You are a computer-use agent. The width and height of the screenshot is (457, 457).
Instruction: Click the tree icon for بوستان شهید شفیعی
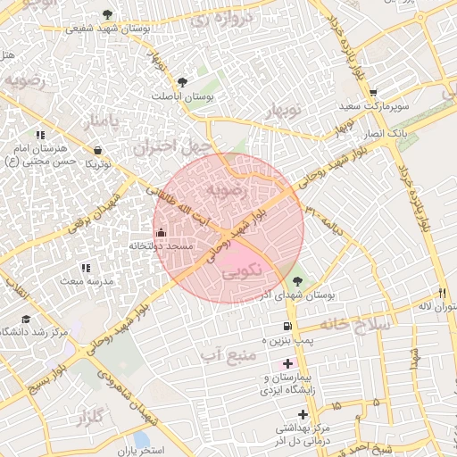click(108, 14)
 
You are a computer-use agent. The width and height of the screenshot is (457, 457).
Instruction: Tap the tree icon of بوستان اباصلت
click(184, 81)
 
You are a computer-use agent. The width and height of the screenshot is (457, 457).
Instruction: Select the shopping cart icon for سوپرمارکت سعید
click(373, 93)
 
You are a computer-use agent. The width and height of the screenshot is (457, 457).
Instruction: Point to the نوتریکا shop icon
click(96, 150)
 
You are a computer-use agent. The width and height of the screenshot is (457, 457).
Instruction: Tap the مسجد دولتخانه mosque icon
click(161, 232)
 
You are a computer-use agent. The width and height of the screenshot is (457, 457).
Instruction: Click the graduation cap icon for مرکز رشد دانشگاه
click(26, 319)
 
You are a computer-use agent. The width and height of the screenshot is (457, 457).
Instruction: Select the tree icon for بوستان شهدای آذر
click(297, 281)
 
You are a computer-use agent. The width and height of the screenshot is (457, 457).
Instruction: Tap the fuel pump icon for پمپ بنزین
click(287, 327)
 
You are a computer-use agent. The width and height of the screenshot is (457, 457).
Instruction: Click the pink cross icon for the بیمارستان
click(287, 362)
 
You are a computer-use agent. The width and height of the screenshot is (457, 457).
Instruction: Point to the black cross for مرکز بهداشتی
click(303, 414)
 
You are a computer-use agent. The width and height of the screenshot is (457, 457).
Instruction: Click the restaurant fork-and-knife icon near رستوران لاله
click(442, 293)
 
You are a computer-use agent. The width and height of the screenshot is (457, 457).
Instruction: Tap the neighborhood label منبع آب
click(229, 355)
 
